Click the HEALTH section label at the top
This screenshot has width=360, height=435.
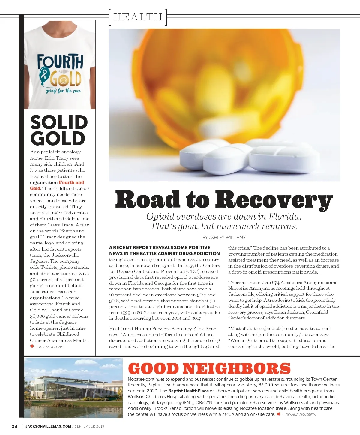pos(138,17)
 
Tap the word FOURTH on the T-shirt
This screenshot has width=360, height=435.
pos(60,62)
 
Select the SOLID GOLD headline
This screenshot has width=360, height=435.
pos(58,130)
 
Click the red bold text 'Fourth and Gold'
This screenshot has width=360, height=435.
pos(57,185)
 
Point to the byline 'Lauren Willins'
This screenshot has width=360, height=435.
pos(50,347)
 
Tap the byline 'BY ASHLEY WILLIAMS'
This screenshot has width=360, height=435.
pos(224,238)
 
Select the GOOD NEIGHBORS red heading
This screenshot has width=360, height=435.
pos(209,369)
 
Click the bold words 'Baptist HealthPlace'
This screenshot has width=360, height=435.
pos(188,391)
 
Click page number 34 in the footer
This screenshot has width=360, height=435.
pos(14,427)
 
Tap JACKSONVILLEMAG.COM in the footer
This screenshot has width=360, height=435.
pos(48,426)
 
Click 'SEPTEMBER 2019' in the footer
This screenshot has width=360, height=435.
pos(90,426)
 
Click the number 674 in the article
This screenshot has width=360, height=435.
pos(276,283)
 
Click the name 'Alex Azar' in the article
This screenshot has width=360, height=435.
pos(204,329)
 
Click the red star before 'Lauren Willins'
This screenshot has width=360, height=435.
pos(32,346)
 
